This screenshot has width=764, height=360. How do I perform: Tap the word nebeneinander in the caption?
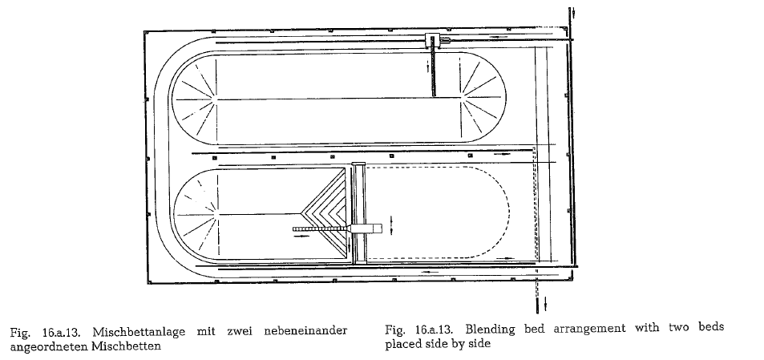pos(305,331)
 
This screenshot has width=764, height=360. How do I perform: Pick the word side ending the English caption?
pos(480,343)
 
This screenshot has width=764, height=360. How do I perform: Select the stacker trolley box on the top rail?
pos(432,40)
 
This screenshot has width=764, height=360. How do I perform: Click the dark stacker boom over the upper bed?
pos(433,72)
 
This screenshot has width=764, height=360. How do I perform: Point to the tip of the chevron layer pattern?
pos(302,213)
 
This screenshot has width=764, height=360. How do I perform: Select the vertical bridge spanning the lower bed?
pos(359,213)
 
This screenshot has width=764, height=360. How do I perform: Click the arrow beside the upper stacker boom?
pos(428,67)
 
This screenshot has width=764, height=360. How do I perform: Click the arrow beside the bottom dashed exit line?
pos(545,304)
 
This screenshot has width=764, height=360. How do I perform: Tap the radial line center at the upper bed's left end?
pos(216,99)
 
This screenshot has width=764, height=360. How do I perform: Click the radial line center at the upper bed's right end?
pos(461,98)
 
